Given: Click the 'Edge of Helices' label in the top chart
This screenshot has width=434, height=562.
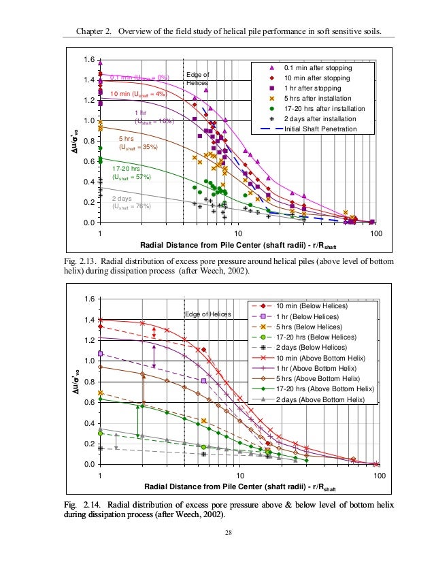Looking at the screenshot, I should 198,78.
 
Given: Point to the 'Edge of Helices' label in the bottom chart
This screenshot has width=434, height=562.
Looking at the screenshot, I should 207,314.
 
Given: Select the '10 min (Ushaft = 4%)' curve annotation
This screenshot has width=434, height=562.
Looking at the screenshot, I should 138,93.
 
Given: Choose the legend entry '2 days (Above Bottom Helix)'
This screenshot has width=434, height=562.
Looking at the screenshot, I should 327,399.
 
